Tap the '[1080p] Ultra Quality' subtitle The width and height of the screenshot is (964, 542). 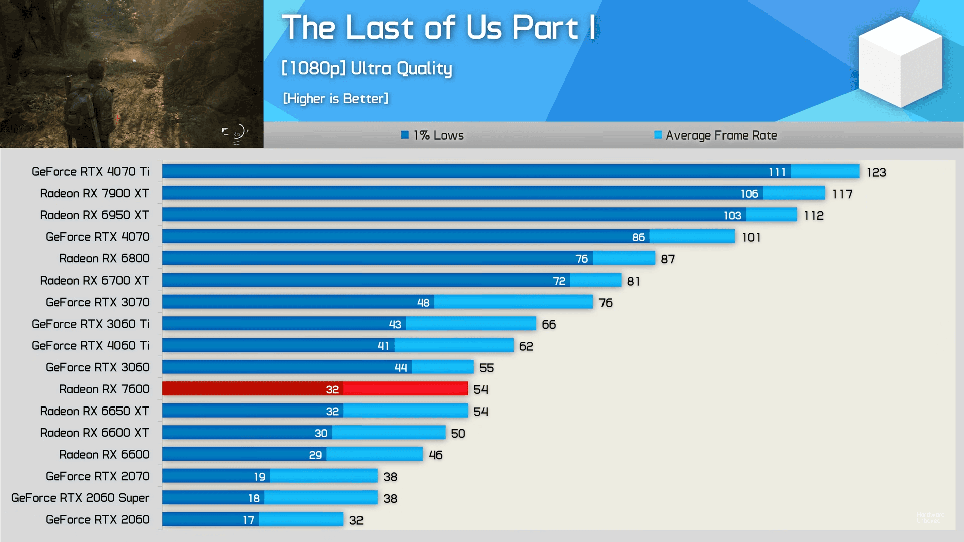click(367, 68)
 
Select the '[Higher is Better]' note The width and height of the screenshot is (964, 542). click(335, 99)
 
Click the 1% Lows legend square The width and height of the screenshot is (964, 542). click(405, 134)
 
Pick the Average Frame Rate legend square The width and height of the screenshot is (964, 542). click(658, 134)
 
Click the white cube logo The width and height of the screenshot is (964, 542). click(900, 61)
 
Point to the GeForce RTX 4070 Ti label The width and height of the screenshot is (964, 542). click(90, 172)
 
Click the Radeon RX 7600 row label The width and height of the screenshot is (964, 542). click(104, 389)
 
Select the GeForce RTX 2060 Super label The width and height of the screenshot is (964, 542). click(80, 498)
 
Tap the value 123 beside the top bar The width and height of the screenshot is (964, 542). click(876, 173)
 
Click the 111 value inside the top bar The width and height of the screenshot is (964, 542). click(777, 172)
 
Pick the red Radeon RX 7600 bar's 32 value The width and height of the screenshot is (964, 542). click(332, 390)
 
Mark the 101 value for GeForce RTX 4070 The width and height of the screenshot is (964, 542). click(751, 238)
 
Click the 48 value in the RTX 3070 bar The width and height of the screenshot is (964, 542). click(423, 303)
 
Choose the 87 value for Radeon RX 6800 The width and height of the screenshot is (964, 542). click(668, 259)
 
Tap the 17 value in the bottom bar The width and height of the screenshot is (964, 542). click(248, 520)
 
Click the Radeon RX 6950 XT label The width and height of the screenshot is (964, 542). click(94, 215)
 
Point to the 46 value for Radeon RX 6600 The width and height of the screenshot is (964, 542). click(435, 455)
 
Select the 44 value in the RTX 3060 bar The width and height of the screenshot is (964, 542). click(401, 368)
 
